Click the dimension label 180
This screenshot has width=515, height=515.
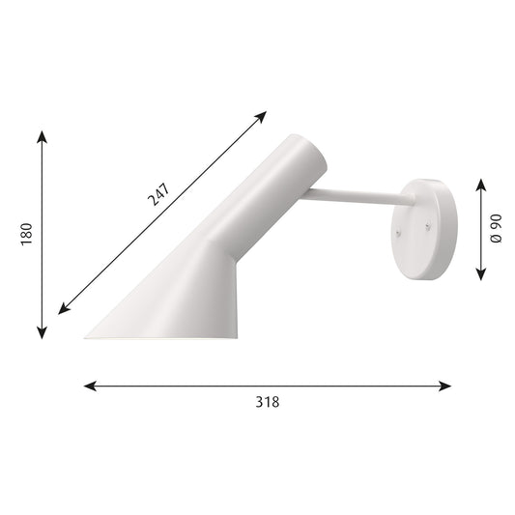pyautogui.click(x=27, y=234)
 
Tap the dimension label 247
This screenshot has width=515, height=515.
pyautogui.click(x=158, y=194)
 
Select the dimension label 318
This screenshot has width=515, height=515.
pyautogui.click(x=268, y=402)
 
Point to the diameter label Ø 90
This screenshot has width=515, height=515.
pyautogui.click(x=496, y=228)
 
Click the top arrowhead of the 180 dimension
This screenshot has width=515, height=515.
pyautogui.click(x=42, y=136)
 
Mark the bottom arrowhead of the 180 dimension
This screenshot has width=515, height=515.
pyautogui.click(x=42, y=332)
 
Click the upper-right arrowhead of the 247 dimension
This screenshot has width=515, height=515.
pyautogui.click(x=261, y=116)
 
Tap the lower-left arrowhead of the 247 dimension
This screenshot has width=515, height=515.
pyautogui.click(x=64, y=309)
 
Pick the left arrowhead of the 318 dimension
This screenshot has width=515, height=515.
pyautogui.click(x=90, y=386)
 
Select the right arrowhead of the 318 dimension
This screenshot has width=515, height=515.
pyautogui.click(x=445, y=386)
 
